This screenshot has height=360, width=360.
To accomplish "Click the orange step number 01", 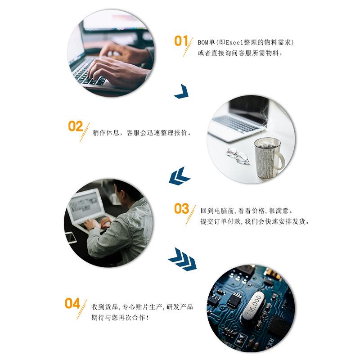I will pyautogui.click(x=180, y=41).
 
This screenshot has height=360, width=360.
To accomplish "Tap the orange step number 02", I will pyautogui.click(x=75, y=126).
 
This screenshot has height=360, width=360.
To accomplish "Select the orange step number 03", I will pyautogui.click(x=181, y=209).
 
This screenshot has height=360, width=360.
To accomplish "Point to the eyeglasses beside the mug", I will pyautogui.click(x=238, y=155).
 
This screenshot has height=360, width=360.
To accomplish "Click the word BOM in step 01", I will pyautogui.click(x=204, y=43).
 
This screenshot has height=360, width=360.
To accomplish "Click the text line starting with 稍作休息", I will pyautogui.click(x=142, y=133).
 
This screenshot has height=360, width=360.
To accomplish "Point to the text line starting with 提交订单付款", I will pyautogui.click(x=255, y=221).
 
